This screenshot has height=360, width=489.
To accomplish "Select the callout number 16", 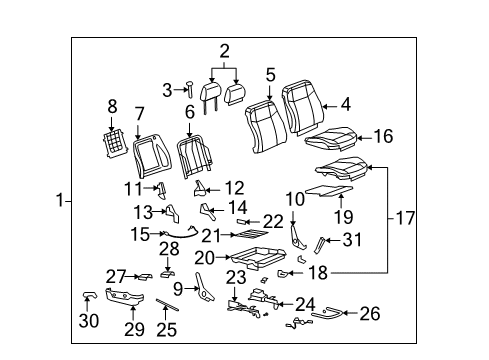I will click(x=383, y=138).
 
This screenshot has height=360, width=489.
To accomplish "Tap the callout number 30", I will click(x=89, y=321).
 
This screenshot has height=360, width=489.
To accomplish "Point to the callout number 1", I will click(x=59, y=200).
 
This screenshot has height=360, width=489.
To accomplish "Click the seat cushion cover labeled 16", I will click(x=331, y=135).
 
